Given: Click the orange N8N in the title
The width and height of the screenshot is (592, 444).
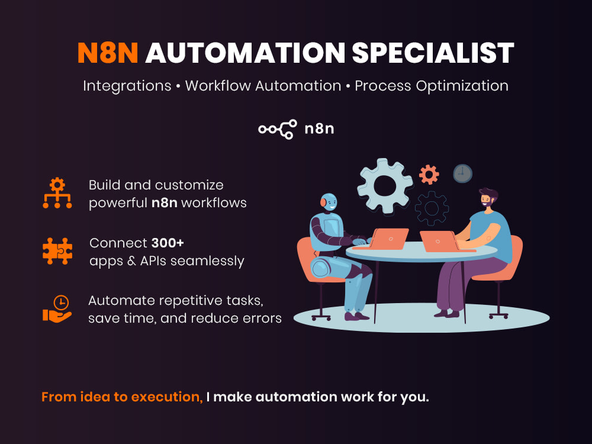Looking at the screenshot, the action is coord(108,53).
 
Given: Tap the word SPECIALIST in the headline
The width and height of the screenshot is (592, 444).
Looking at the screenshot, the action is coord(433,53).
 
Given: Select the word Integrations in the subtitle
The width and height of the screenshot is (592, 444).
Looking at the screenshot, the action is coord(127,86).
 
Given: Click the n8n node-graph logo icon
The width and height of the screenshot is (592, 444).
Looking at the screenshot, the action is coord(278,129).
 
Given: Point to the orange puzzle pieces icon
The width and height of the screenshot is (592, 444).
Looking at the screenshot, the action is coord(57,251).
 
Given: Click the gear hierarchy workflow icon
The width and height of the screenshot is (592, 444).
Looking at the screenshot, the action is coord(57,193).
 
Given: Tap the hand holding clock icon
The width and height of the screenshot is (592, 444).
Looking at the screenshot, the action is coord(57,309).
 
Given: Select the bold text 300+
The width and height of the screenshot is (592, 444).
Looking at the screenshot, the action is coord(168,243).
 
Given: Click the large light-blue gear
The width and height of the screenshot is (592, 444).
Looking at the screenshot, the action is coord(384,186).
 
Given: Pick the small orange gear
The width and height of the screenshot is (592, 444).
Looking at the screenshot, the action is coord(429,175).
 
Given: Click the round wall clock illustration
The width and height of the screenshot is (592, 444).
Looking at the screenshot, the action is coord(462,173).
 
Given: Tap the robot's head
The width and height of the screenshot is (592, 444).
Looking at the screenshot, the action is coord(329,202).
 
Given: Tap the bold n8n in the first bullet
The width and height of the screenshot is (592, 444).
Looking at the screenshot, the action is coord(165,203).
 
